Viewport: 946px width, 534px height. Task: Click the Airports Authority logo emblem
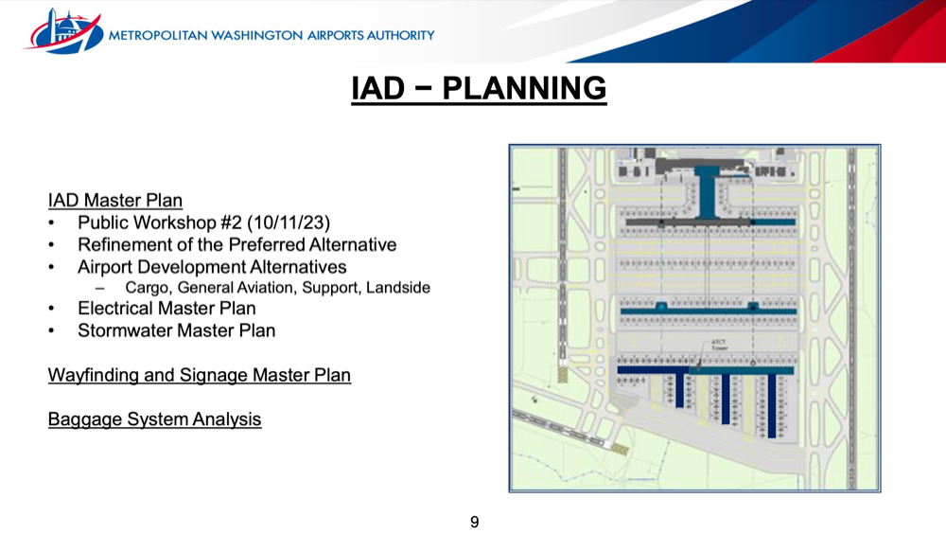coord(63,31)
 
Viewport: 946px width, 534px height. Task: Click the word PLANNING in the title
coord(524,88)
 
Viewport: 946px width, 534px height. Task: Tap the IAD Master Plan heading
coord(115,200)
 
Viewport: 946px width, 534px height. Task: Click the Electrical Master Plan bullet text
coord(166,308)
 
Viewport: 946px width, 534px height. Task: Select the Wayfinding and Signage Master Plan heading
coord(199,375)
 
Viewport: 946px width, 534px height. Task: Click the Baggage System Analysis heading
coord(154,419)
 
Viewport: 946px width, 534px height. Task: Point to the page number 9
coord(474,522)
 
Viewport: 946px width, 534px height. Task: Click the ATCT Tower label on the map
coord(719,345)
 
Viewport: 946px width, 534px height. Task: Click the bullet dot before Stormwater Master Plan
coord(51,331)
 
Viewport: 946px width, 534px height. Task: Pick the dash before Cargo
coord(99,289)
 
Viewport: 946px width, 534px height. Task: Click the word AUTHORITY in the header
coord(400,36)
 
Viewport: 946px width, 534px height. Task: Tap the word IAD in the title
coord(377,88)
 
